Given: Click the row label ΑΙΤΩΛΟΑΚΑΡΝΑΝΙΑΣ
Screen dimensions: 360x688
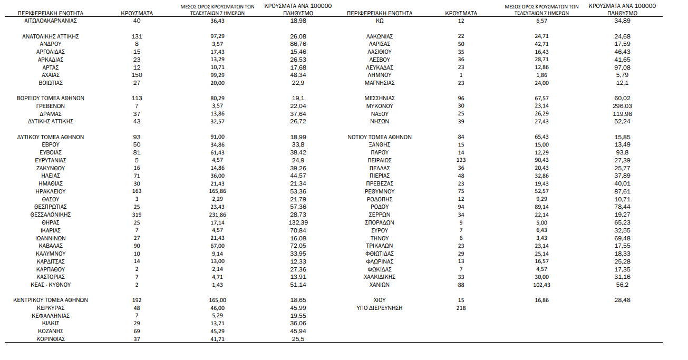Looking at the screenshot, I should [51, 21].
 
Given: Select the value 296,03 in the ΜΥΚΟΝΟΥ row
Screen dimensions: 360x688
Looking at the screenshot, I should [622, 106].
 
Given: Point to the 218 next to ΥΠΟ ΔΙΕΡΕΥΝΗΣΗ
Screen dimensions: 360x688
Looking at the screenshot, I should [461, 308].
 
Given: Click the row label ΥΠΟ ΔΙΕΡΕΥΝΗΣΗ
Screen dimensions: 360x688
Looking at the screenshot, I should [380, 308].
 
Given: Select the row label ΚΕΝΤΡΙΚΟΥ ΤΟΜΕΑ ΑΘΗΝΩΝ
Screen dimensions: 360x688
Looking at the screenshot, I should [51, 300].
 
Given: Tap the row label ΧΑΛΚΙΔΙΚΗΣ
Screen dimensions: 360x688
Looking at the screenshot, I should [380, 277].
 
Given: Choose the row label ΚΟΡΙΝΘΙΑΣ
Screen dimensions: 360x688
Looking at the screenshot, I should [51, 339].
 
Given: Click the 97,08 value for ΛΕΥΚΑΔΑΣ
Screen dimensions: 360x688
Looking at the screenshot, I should [622, 67].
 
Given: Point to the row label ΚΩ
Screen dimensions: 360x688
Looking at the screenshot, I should [380, 21].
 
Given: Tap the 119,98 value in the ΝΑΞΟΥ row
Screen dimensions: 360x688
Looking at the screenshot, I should [622, 114].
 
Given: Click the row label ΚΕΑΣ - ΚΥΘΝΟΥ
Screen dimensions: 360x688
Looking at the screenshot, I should [51, 285].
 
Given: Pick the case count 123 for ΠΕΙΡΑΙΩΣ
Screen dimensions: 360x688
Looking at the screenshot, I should [461, 160].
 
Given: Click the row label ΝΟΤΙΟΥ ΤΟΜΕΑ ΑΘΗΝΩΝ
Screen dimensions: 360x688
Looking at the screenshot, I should [380, 137].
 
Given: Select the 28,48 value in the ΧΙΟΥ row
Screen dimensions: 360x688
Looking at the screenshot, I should [622, 300].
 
